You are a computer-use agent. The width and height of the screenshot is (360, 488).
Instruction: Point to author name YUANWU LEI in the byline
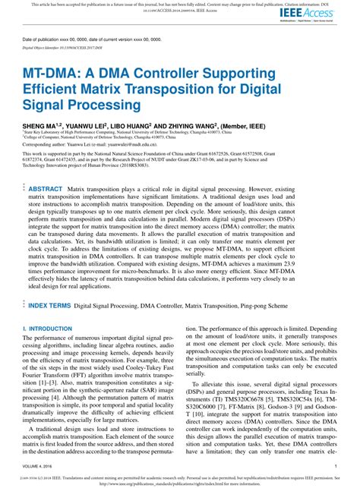pos(89,121)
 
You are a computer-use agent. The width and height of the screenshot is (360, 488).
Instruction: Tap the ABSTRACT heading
pos(46,188)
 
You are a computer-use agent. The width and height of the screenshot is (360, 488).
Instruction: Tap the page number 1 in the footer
pos(336,467)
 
